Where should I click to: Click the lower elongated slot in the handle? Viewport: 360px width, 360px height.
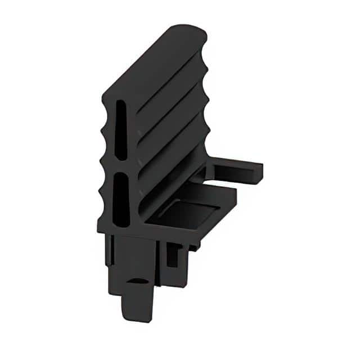120,197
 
